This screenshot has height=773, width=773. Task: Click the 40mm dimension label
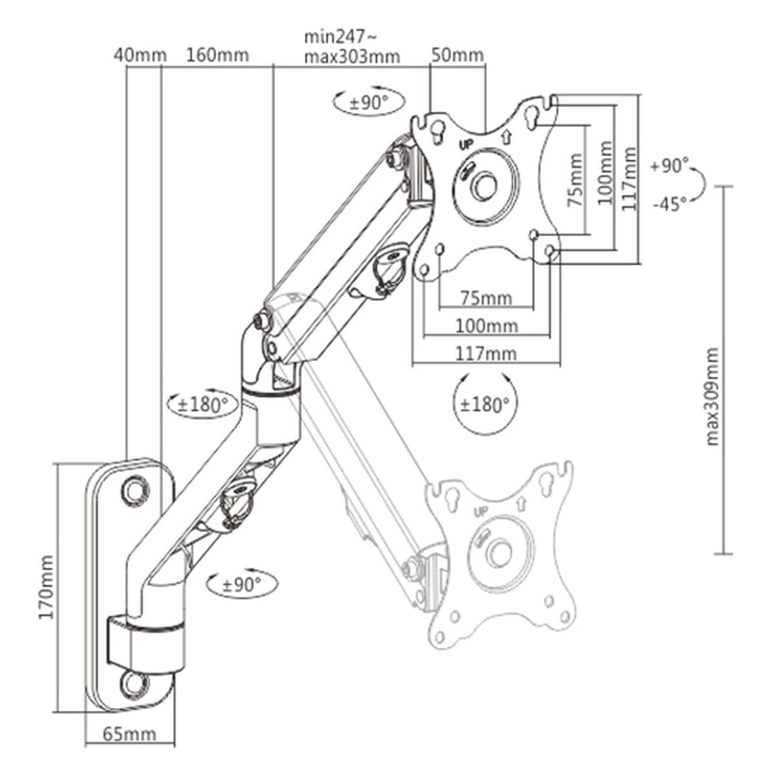[x=139, y=55]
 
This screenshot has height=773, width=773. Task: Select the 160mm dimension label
[x=217, y=55]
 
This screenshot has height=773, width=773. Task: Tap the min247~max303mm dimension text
[x=352, y=47]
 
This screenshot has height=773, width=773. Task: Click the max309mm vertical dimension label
[x=712, y=395]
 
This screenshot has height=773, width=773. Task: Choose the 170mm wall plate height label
[x=46, y=586]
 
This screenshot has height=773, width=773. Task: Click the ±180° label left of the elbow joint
[x=203, y=405]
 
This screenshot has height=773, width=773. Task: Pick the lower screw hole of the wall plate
[x=134, y=681]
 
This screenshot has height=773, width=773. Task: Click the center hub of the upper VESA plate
[x=484, y=185]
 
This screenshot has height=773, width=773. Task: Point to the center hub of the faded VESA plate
[x=500, y=553]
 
